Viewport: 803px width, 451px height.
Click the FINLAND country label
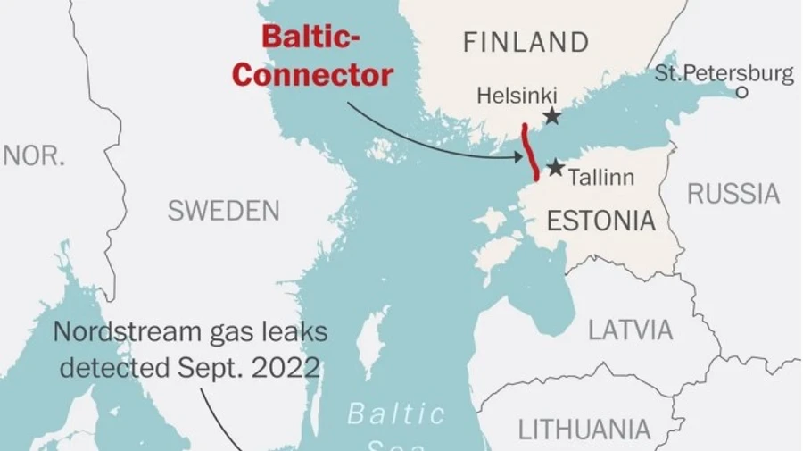526,42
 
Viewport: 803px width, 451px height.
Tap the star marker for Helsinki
552,115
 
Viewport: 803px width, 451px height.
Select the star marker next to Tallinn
555,167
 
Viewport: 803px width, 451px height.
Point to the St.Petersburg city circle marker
741,92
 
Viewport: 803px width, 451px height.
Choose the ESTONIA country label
600,221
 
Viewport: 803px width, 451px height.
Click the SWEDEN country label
223,211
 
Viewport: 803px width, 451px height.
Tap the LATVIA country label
630,330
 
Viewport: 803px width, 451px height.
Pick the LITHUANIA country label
584,429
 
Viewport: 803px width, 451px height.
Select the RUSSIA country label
733,193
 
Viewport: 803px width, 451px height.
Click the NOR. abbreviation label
34,155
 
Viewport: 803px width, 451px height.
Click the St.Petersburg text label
724,73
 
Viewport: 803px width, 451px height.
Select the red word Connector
312,75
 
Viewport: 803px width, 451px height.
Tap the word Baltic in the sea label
395,414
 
